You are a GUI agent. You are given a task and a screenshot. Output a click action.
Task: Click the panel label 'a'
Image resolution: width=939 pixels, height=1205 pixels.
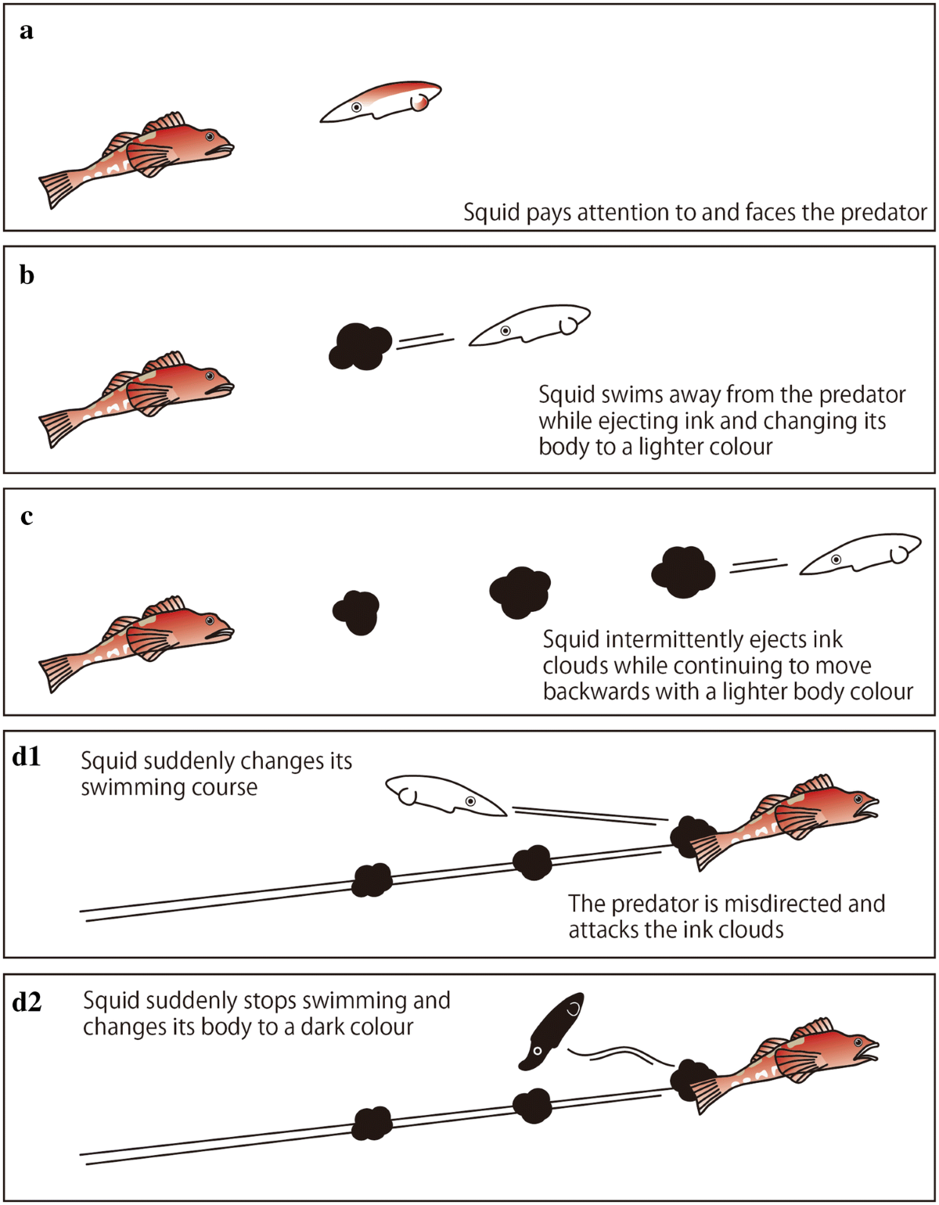27,32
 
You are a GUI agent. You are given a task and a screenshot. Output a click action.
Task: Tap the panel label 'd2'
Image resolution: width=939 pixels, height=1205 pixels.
31,1002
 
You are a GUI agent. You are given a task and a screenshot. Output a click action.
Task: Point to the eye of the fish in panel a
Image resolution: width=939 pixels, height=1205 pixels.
210,136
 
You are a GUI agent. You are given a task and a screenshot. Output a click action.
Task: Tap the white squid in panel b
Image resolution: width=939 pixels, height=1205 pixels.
529,325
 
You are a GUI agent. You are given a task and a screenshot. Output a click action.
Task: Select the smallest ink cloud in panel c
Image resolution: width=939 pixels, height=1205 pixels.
357,611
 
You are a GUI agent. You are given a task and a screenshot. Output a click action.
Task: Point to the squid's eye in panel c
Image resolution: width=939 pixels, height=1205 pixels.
836,559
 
